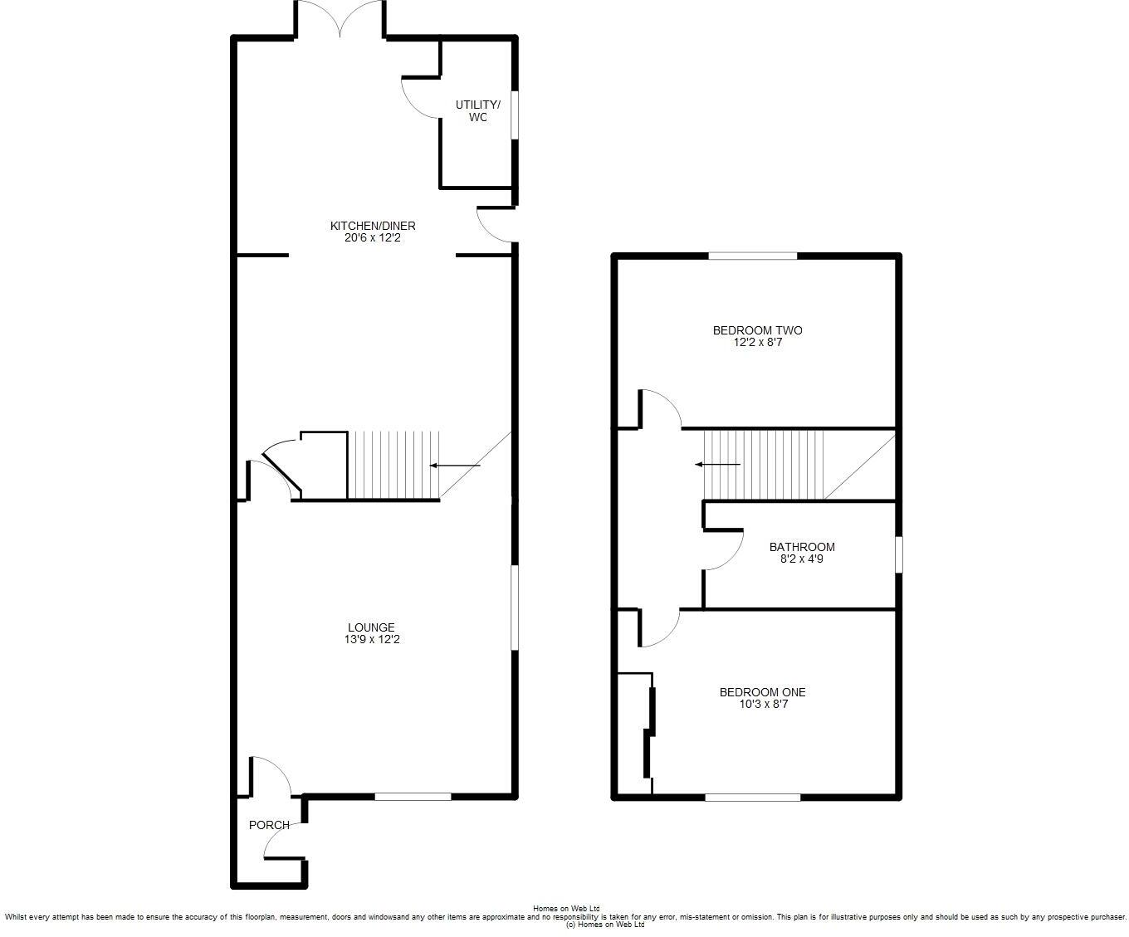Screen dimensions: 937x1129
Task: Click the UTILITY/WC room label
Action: pos(477,111)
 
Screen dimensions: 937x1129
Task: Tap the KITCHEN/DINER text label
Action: pos(373,226)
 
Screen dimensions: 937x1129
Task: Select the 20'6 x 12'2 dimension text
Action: pos(373,238)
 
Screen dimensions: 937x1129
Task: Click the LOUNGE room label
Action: pos(371,627)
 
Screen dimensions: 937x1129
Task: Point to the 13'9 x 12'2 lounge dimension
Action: pos(371,640)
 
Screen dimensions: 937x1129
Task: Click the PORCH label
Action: pos(269,825)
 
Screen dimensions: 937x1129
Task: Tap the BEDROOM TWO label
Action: pos(757,330)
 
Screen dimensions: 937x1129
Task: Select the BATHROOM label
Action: pos(802,547)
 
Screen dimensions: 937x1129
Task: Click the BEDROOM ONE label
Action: pos(762,692)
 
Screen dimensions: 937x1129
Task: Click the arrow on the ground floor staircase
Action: pos(455,466)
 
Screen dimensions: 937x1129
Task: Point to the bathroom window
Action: pos(899,554)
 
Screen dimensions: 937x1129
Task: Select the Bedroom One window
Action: pos(752,798)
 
